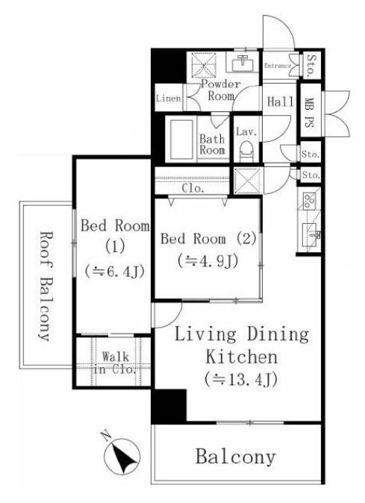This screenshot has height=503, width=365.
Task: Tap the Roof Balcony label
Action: tap(45, 286)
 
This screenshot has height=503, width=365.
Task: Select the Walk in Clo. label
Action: tap(116, 363)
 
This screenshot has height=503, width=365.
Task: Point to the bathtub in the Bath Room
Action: tap(182, 140)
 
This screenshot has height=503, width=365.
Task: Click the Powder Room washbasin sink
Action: tap(242, 63)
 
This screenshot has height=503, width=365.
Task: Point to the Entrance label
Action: tap(277, 66)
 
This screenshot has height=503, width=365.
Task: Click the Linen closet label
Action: tap(169, 98)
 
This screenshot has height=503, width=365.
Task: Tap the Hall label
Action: tap(281, 102)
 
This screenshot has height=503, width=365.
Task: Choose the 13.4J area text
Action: tap(240, 380)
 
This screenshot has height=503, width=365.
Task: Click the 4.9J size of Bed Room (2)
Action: tap(208, 261)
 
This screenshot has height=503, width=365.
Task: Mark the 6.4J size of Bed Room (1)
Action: tap(113, 272)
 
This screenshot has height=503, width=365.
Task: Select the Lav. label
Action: tap(246, 131)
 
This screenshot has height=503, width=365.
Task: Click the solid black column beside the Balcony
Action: tap(169, 406)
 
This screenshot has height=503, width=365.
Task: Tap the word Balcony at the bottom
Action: tap(236, 457)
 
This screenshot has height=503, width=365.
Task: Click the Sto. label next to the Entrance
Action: tap(311, 66)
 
